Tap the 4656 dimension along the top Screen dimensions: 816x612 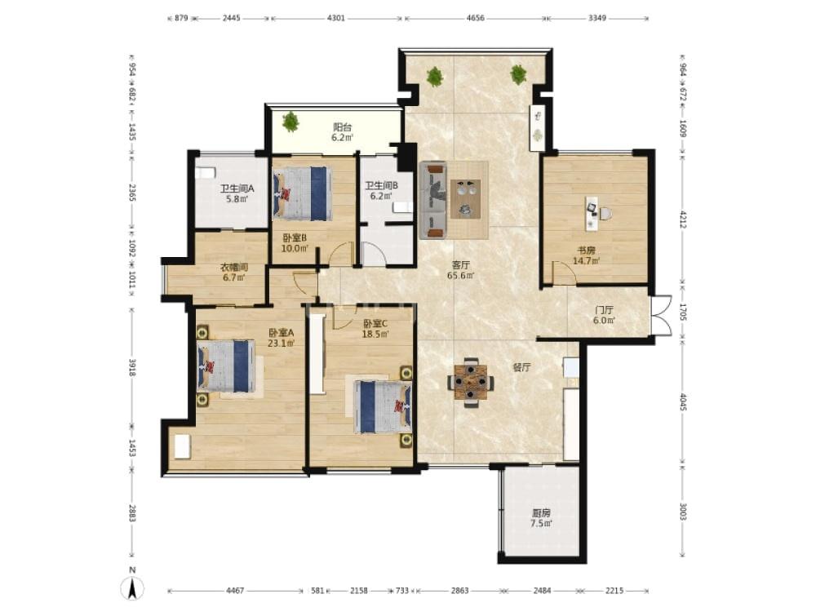[475, 18]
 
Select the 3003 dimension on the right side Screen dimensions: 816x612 [683, 512]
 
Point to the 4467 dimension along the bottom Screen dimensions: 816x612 [235, 591]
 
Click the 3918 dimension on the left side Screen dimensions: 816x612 [132, 367]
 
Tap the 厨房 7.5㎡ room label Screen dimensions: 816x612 [541, 518]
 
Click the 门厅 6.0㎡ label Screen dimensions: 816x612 [604, 315]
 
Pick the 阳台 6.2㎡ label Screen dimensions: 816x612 [343, 133]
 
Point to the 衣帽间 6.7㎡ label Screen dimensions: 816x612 [234, 273]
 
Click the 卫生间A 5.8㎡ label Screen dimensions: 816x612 [237, 193]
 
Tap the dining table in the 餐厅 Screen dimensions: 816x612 [471, 383]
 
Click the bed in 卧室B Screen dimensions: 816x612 [303, 193]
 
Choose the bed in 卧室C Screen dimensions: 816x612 [383, 406]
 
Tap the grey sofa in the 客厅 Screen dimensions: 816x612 [433, 200]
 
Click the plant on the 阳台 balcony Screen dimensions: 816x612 [290, 122]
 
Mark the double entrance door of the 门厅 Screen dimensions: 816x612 [661, 315]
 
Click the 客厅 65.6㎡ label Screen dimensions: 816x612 [460, 271]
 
